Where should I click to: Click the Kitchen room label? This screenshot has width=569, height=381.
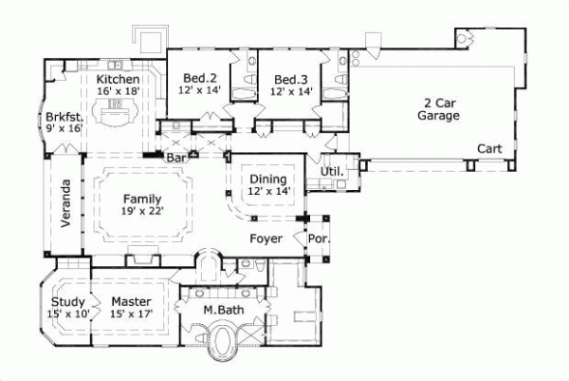tap(119, 78)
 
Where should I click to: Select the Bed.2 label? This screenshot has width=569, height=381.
tap(198, 80)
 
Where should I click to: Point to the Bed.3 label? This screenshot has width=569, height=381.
tap(289, 80)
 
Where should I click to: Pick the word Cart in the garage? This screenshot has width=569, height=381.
tap(489, 149)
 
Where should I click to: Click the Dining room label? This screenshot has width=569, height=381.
tap(268, 179)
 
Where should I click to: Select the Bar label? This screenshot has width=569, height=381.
tap(176, 158)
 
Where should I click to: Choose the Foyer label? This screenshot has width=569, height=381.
tap(266, 238)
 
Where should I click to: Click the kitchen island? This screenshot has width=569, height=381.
tap(119, 119)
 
